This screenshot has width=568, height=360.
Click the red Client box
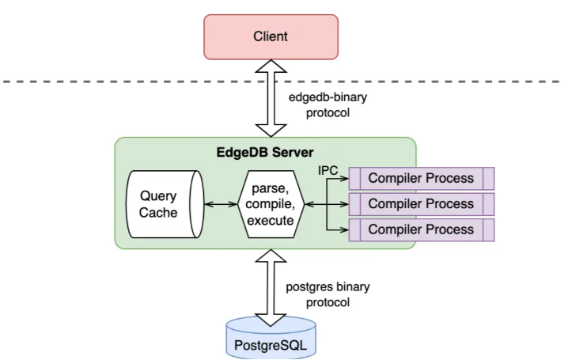pyautogui.click(x=270, y=36)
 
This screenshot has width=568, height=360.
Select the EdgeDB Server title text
pyautogui.click(x=266, y=152)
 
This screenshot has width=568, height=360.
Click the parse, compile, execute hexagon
pyautogui.click(x=271, y=204)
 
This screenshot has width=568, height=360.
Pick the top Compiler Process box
pyautogui.click(x=421, y=178)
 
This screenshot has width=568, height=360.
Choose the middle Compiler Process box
pyautogui.click(x=421, y=204)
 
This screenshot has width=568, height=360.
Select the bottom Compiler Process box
pyautogui.click(x=421, y=229)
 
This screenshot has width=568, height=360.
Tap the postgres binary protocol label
pyautogui.click(x=326, y=294)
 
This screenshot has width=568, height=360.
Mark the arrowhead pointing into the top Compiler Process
pyautogui.click(x=344, y=179)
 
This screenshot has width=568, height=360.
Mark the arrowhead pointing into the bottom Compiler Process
pyautogui.click(x=344, y=230)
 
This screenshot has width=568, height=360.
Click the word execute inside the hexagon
pyautogui.click(x=271, y=220)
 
